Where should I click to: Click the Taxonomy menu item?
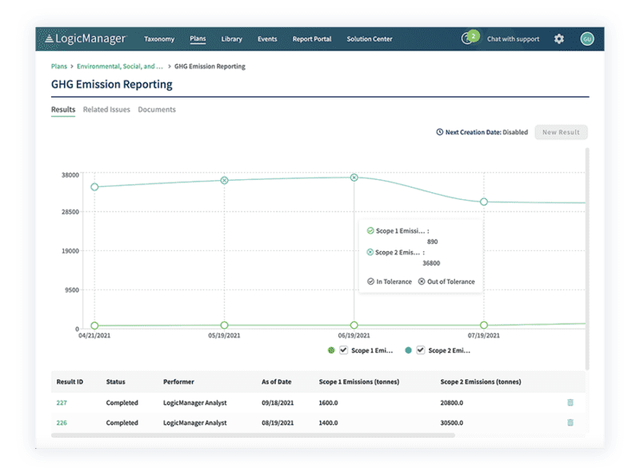159,38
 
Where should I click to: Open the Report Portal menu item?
311,38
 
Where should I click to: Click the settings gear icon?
559,38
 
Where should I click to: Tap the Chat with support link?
513,38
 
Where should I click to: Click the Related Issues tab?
106,110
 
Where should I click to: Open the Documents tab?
157,110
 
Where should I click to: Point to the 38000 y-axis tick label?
70,174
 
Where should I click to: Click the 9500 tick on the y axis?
71,290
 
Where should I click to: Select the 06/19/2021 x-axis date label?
354,336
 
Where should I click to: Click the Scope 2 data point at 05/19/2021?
224,180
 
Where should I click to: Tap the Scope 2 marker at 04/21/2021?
94,187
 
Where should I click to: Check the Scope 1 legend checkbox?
343,350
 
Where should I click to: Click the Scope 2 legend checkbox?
420,350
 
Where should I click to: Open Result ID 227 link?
61,402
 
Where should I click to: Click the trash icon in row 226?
570,422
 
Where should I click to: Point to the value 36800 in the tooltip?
431,263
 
